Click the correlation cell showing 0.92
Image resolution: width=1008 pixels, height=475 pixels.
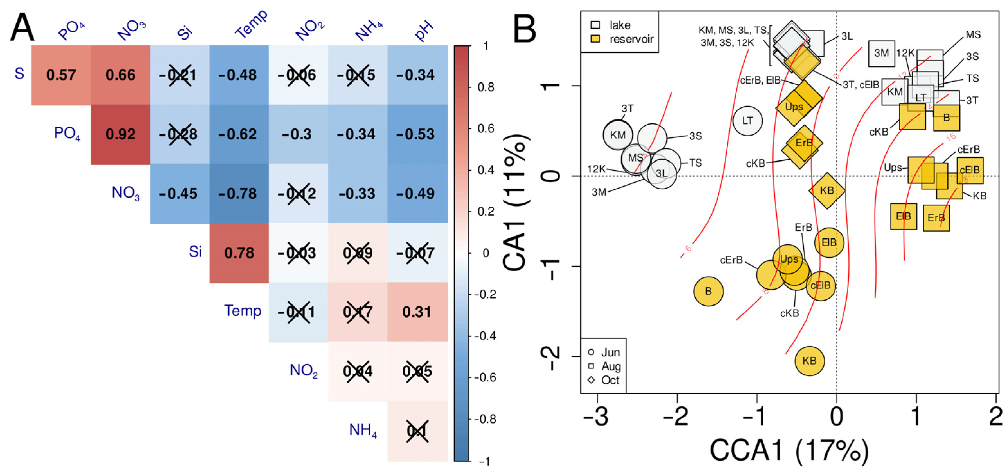point(120,134)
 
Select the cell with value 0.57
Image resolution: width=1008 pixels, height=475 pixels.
point(61,75)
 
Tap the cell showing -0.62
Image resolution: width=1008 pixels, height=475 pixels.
point(239,134)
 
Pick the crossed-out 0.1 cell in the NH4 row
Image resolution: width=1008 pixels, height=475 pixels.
point(417,431)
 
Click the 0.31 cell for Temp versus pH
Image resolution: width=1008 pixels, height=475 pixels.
point(417,312)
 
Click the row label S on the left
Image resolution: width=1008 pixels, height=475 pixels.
point(19,74)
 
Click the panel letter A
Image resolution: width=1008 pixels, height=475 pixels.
point(22,27)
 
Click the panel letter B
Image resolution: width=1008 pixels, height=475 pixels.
point(524,29)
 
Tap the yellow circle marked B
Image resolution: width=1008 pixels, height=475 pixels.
point(708,291)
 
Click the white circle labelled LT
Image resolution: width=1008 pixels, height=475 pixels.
point(747,121)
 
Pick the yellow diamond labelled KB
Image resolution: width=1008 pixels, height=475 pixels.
point(827,191)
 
